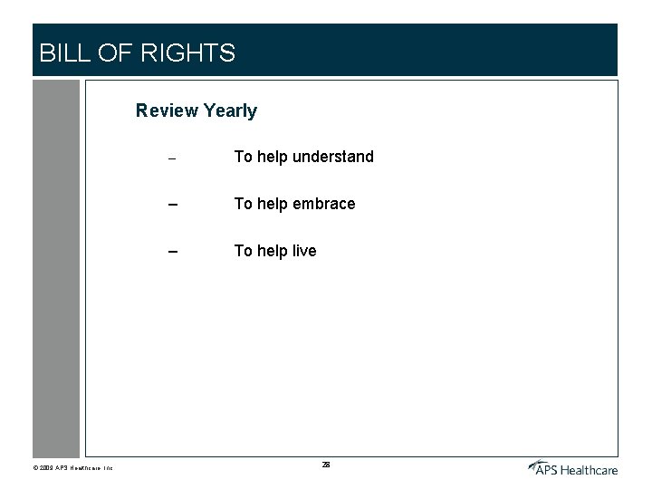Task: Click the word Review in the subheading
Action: tap(167, 110)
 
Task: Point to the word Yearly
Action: tap(230, 111)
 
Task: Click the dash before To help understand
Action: tap(170, 158)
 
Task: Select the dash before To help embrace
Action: tap(170, 205)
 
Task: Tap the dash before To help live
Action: tap(170, 252)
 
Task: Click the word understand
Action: tap(332, 157)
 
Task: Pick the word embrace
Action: tap(324, 204)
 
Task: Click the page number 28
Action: tap(326, 465)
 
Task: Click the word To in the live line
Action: tap(244, 251)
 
